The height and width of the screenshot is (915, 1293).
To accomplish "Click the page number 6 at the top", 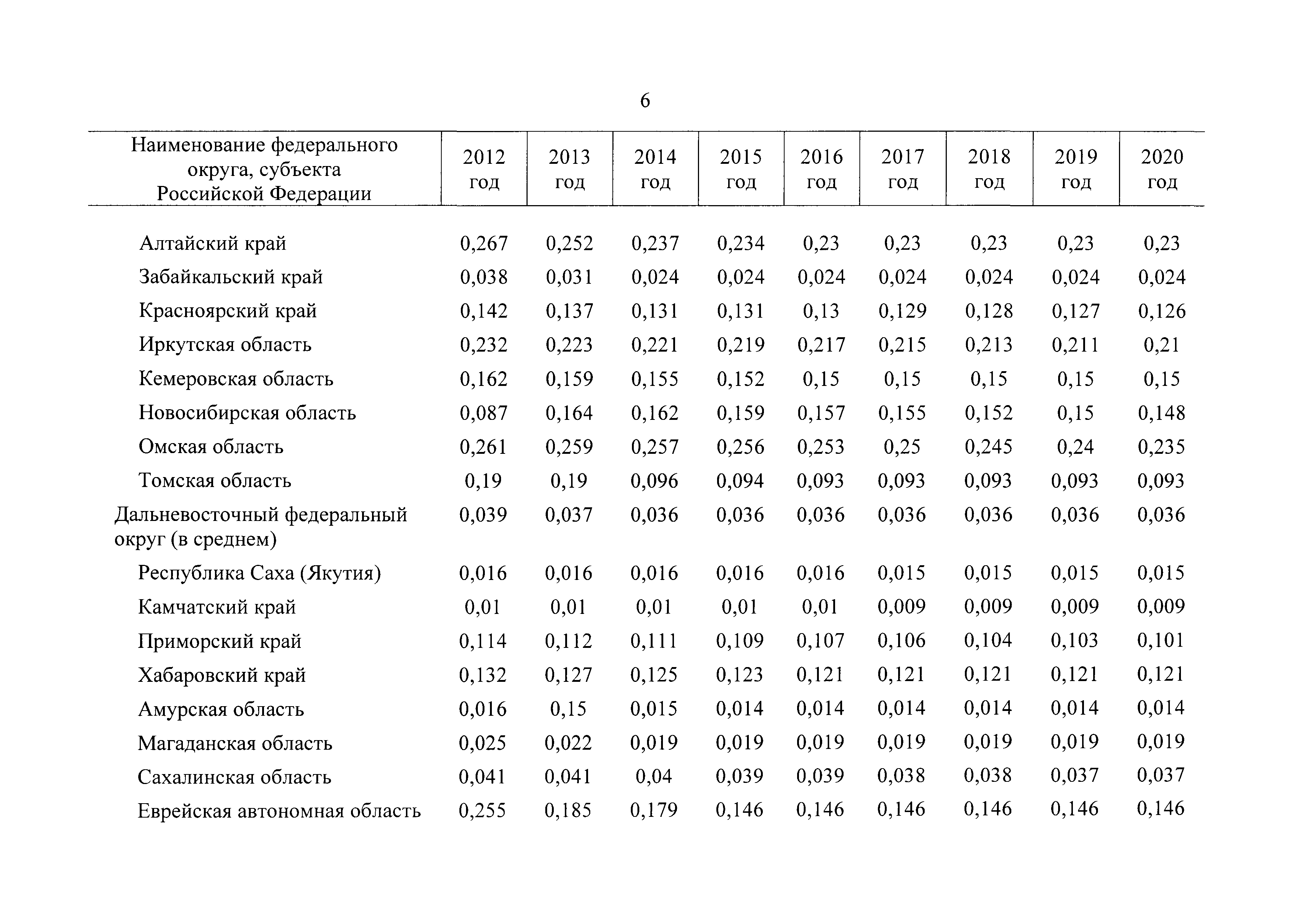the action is [x=645, y=101].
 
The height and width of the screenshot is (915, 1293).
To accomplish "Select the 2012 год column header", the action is [x=484, y=169].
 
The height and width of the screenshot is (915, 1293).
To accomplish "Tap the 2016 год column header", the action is [x=822, y=169].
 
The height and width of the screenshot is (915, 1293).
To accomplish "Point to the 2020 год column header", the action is [x=1162, y=169].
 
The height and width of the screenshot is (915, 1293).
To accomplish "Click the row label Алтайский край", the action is [x=212, y=244].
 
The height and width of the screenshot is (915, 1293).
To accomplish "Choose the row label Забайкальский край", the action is [x=231, y=277].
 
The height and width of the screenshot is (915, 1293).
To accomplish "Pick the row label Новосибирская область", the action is [x=247, y=413].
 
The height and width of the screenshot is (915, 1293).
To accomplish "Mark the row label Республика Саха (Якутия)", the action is [x=260, y=573].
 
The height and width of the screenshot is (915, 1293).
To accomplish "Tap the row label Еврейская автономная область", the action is [x=279, y=811].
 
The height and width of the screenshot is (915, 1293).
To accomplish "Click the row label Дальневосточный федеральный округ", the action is [x=261, y=527].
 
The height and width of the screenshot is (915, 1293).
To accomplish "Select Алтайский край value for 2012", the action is [x=484, y=244].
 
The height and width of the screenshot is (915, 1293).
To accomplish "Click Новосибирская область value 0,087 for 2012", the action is [x=484, y=413].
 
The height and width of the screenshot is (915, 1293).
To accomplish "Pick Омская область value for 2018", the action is [x=988, y=447].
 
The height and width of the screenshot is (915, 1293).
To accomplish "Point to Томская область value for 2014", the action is [x=654, y=481].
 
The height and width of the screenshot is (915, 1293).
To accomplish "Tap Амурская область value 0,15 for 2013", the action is [x=568, y=708].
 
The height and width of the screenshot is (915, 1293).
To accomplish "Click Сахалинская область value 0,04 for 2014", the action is [x=654, y=776].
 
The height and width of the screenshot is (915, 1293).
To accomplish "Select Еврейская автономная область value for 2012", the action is [x=483, y=810].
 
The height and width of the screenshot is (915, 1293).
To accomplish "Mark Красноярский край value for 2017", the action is [x=902, y=311].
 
